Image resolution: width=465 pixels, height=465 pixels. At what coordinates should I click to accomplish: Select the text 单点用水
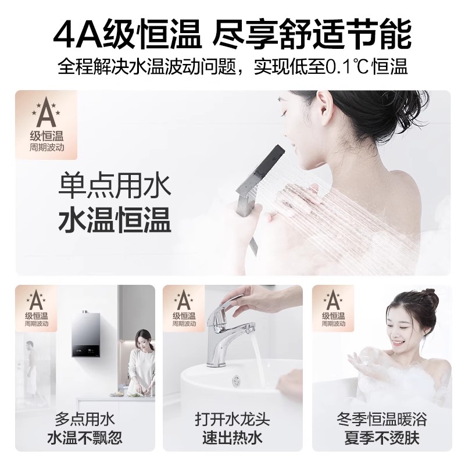115,188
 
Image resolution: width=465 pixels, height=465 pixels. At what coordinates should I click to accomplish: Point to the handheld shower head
264,174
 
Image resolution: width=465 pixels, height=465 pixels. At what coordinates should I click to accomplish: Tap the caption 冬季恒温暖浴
381,419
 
